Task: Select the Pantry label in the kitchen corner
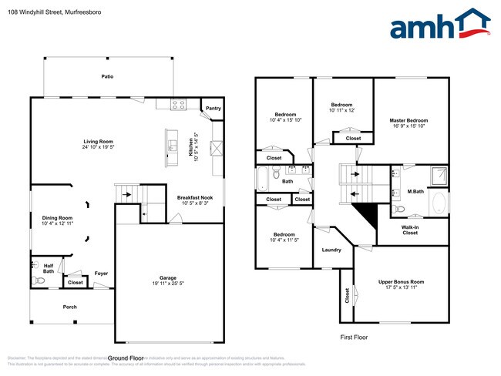click(x=214, y=109)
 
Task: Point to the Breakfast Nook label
click(x=195, y=198)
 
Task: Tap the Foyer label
click(x=101, y=273)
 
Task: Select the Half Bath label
click(x=49, y=268)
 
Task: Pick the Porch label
click(x=70, y=306)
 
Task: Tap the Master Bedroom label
click(x=409, y=121)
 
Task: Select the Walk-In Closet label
click(x=410, y=230)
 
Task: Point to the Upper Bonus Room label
click(x=401, y=282)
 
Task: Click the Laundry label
click(x=331, y=250)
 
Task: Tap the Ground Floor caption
click(x=126, y=358)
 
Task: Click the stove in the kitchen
click(x=178, y=106)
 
